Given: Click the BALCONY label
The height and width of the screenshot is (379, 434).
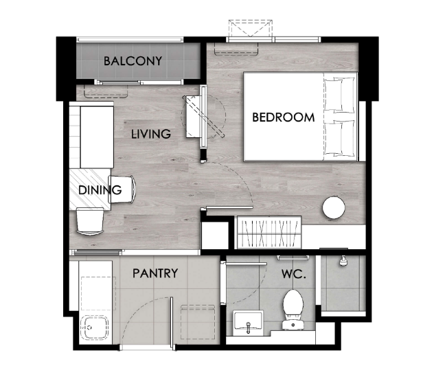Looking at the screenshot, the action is [x=133, y=61].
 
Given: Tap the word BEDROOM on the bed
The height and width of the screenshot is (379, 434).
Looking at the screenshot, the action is [x=284, y=117].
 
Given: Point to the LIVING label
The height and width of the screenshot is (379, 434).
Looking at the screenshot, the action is [x=151, y=134].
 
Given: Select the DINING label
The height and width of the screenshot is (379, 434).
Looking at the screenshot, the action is [x=100, y=189].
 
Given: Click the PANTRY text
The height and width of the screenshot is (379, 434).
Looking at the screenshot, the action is [x=155, y=273].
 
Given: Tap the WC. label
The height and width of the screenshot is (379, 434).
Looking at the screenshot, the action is [x=294, y=274].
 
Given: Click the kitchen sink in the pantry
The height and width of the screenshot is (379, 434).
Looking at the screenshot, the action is [x=94, y=328].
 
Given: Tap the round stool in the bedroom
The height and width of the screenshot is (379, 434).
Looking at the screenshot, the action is [x=334, y=207].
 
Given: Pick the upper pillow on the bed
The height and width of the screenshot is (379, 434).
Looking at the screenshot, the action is [x=339, y=95].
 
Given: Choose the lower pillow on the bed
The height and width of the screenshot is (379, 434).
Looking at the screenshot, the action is [x=339, y=137].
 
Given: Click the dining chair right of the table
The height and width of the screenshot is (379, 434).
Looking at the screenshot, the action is [x=122, y=189].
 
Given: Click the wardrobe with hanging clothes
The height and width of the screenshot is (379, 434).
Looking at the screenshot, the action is [x=269, y=232].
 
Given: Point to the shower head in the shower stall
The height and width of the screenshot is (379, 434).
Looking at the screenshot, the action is [x=343, y=261].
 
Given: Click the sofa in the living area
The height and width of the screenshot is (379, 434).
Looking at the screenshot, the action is [x=91, y=135].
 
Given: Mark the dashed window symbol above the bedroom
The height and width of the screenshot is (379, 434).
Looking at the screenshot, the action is [x=251, y=28].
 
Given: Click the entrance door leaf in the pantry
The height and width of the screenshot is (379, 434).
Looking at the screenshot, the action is [x=172, y=323].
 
